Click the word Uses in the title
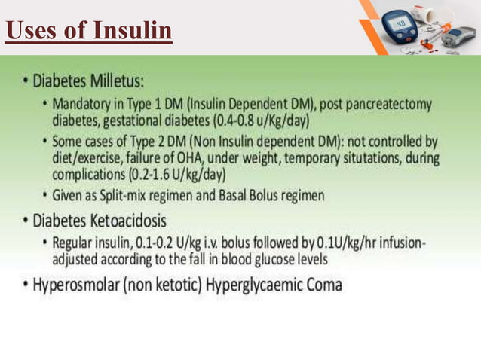click(32, 31)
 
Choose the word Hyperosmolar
click(66, 285)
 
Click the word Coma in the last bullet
click(323, 285)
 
